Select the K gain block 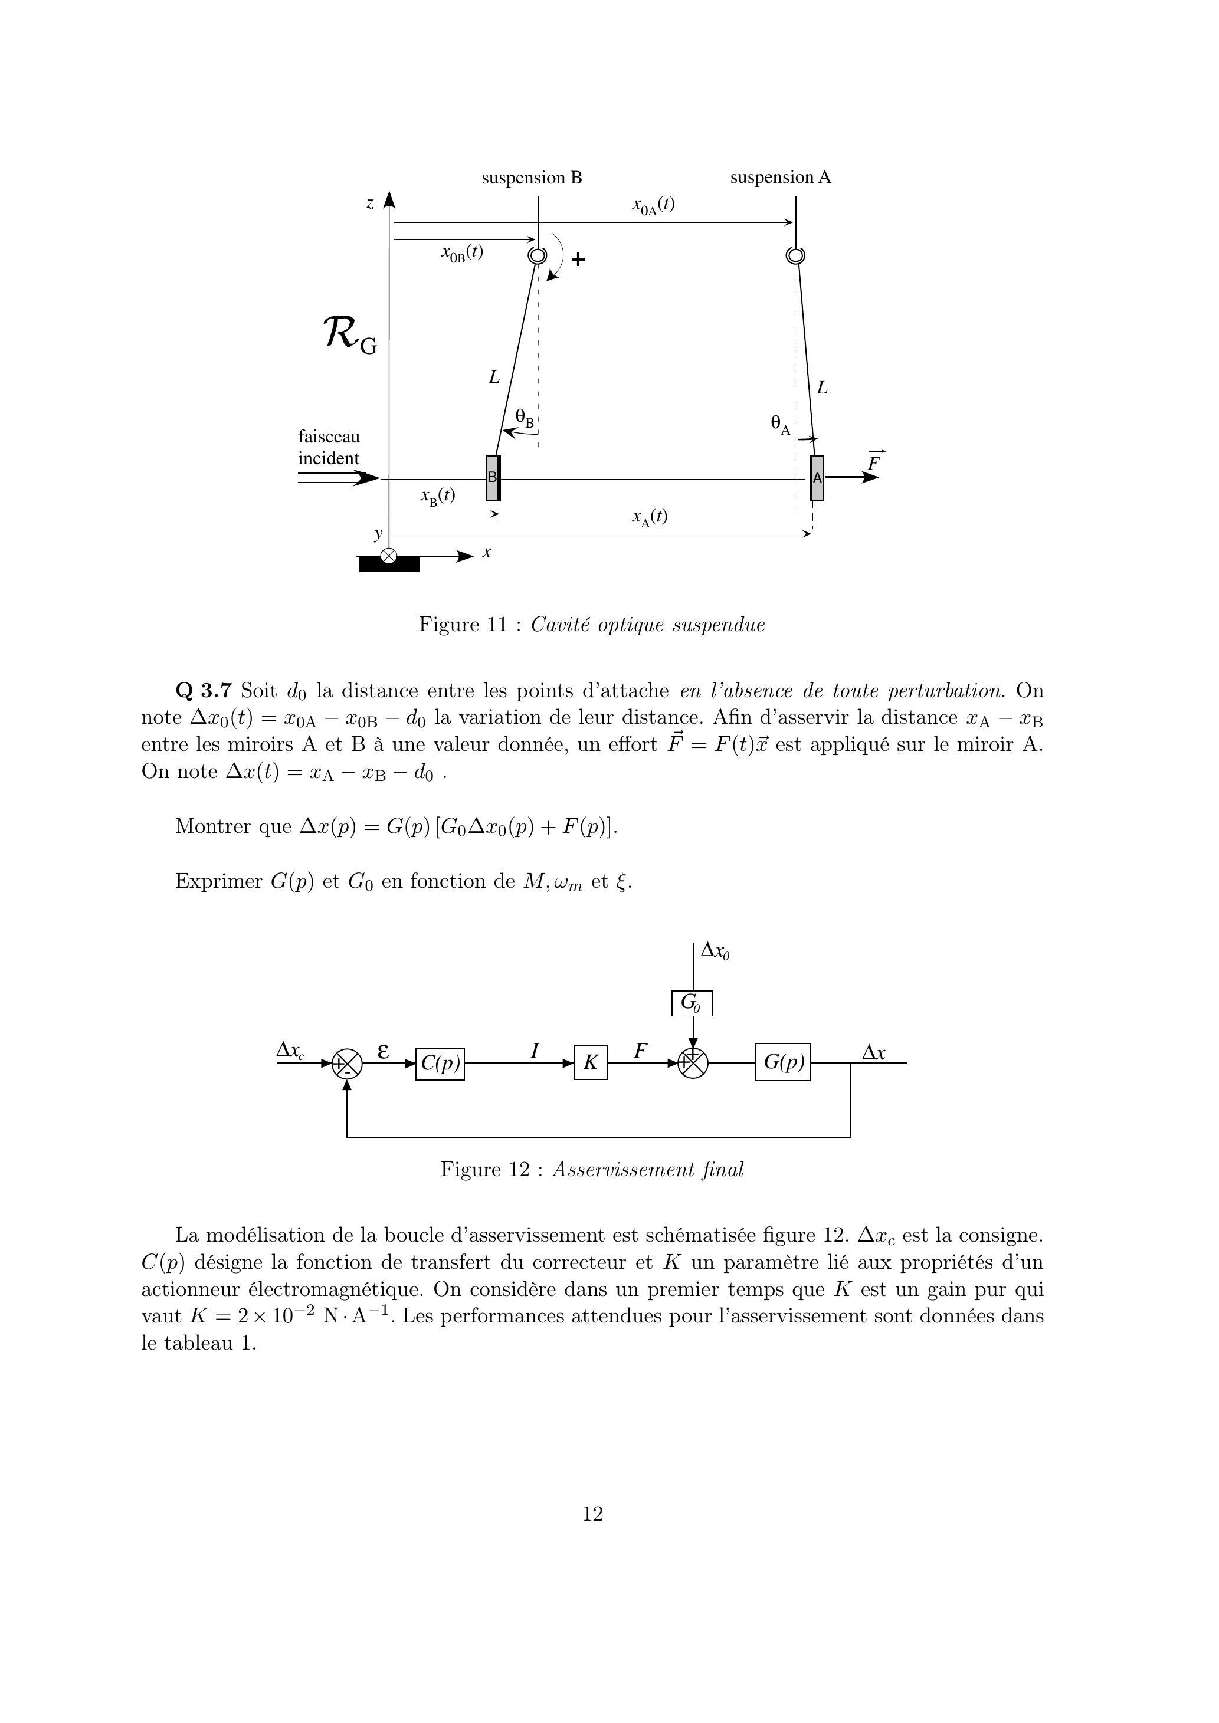pos(590,1062)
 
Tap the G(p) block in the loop pos(782,1062)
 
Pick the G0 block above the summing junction pos(692,1003)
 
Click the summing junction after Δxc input pos(347,1064)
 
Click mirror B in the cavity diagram pos(493,477)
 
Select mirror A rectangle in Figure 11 pos(817,478)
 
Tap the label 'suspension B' pos(532,178)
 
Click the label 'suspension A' pos(780,178)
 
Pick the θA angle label pos(780,425)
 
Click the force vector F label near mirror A pos(874,461)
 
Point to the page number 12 pos(592,1514)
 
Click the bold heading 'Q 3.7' pos(204,690)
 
